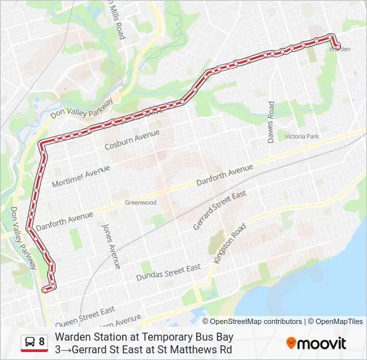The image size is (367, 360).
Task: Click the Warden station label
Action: [x=340, y=49]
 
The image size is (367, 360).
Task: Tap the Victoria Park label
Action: [x=302, y=136]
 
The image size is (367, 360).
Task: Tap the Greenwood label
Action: [x=140, y=203]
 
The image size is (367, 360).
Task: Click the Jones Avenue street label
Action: [x=111, y=245]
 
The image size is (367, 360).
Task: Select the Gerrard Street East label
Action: [x=220, y=210]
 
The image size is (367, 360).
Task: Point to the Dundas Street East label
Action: [x=168, y=271]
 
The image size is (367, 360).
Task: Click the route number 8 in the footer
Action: [x=42, y=343]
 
